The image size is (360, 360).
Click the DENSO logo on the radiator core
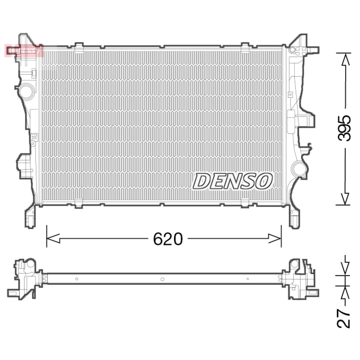click(233, 181)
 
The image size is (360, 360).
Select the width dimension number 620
click(168, 239)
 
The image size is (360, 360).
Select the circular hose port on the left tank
click(26, 91)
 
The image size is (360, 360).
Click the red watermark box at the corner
click(24, 50)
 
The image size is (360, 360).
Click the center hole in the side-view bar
click(162, 279)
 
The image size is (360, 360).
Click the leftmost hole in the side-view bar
click(77, 279)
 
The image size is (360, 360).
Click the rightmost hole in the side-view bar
click(247, 279)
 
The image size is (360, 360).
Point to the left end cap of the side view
click(26, 278)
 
